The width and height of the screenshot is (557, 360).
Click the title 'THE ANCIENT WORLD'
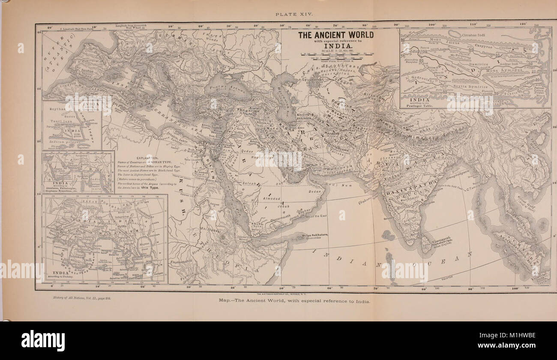point(335,35)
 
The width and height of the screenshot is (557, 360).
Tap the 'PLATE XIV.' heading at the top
point(295,14)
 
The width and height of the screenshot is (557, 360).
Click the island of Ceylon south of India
point(425,244)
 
